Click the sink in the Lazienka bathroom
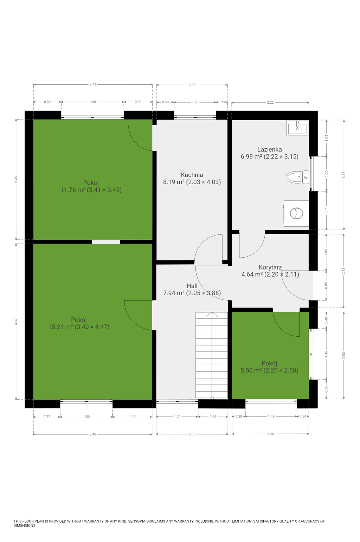[297, 128]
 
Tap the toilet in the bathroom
[297, 177]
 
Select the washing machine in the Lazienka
[296, 213]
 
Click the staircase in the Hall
[212, 355]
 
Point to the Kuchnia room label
[192, 175]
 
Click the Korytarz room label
[270, 267]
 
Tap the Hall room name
[192, 286]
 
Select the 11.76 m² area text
[72, 190]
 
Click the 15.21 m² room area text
[60, 327]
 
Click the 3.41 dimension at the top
[93, 84]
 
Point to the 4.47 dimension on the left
[16, 321]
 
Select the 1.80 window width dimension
[92, 102]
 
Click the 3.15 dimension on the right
[344, 175]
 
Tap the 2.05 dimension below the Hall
[192, 434]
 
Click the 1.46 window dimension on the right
[326, 354]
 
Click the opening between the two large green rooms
[106, 242]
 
